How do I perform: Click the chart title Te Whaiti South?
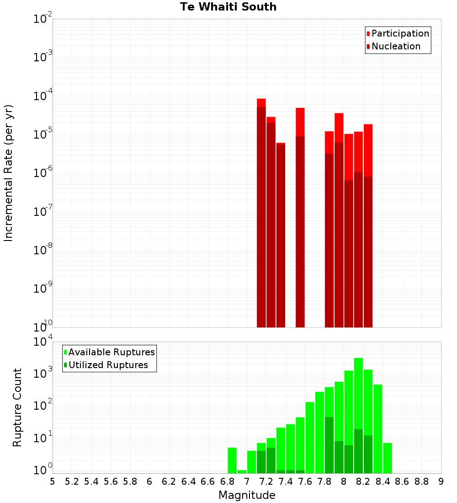228,7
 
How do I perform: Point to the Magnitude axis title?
247,495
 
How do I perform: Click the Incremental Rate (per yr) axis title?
9,173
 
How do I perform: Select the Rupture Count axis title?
17,407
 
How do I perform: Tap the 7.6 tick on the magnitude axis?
305,482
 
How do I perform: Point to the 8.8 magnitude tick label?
421,482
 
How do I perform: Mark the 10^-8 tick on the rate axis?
43,250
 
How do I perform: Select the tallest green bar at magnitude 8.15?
358,412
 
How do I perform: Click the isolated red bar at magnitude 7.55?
300,219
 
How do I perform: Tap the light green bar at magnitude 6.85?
232,460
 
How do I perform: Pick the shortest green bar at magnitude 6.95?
242,471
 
